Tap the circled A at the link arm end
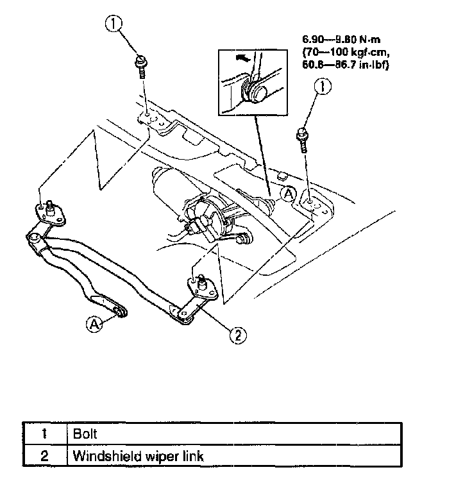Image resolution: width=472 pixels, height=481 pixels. click(94, 325)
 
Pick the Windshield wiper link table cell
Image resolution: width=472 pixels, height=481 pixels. click(139, 456)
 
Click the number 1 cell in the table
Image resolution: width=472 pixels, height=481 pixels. click(44, 434)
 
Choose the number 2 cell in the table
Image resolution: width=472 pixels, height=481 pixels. click(44, 456)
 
